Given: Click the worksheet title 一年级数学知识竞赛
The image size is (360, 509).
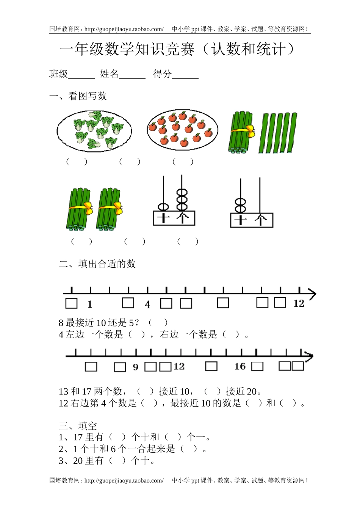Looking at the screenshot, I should pos(127,50).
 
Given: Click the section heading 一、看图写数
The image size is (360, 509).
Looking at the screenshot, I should pos(78,96).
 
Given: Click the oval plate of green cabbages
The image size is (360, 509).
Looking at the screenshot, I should pos(94,131).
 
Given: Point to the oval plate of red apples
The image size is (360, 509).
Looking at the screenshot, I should pos(182,130).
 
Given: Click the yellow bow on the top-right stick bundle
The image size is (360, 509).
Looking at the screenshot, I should pos(250,131).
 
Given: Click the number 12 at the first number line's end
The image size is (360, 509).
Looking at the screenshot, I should pos(299,303).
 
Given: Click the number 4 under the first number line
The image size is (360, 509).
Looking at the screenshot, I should pos(147,305).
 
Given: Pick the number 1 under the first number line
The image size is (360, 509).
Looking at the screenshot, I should pos(90,304).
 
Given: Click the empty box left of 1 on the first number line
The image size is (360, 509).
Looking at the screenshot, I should pos(71,303).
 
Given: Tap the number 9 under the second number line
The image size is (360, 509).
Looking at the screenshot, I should pos(136,367).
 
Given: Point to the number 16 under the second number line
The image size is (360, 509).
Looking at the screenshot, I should pos(239,366).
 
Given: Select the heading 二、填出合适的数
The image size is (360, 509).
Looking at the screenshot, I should pos(97,264).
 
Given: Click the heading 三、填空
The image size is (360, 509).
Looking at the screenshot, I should pos(78,426).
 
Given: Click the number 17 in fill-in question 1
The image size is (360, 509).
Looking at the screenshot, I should pos(78,437).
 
